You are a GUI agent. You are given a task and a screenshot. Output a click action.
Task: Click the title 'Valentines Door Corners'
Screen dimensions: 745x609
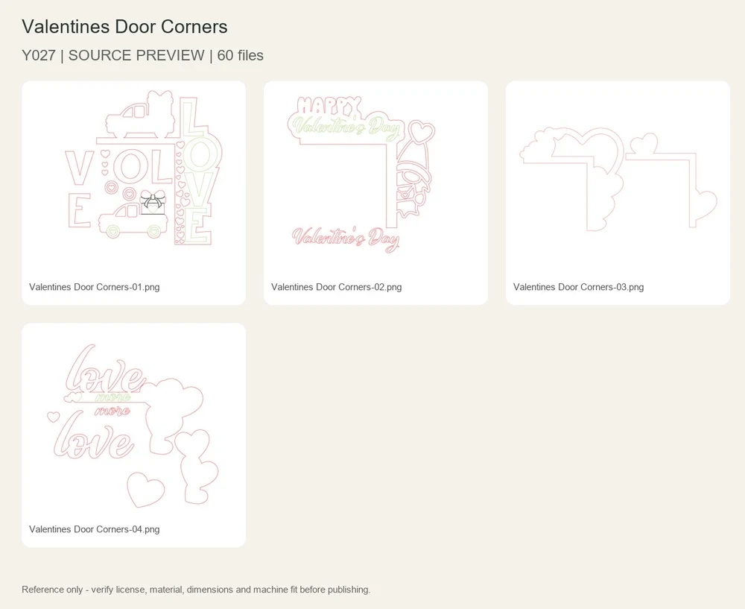pos(124,27)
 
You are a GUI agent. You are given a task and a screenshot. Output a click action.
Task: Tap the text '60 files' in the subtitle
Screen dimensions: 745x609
pos(241,56)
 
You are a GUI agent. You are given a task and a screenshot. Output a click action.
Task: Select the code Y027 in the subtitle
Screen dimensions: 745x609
pos(39,56)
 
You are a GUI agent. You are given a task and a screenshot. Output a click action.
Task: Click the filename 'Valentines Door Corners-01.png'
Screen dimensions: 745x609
pos(94,287)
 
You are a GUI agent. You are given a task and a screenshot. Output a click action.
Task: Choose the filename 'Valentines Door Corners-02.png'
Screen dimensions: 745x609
pos(337,287)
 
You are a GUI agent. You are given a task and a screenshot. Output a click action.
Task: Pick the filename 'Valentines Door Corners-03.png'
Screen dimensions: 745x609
pos(578,287)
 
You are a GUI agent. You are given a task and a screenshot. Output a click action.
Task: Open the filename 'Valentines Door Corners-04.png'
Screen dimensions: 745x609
pos(94,529)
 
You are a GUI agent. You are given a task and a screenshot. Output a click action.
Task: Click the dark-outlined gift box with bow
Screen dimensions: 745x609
pos(153,203)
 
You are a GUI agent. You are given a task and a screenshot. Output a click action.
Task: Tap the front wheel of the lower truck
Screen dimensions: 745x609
pos(112,232)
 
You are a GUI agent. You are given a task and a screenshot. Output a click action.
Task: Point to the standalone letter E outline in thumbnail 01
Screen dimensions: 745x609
pos(79,211)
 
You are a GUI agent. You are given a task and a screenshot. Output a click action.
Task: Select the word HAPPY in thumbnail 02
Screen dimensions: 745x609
pos(329,106)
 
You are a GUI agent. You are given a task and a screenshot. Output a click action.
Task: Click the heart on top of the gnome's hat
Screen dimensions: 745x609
pos(422,132)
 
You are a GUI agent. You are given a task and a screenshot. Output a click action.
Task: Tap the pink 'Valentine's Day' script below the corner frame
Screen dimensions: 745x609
pos(346,239)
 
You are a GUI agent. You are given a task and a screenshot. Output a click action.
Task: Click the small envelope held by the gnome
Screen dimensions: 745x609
pos(405,195)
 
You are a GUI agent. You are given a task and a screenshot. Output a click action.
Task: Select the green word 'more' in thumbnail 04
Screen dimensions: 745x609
pos(113,397)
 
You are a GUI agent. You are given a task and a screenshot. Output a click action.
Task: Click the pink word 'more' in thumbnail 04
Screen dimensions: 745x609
pos(113,410)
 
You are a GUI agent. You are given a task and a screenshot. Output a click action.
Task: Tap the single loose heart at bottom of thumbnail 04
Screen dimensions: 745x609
pos(145,490)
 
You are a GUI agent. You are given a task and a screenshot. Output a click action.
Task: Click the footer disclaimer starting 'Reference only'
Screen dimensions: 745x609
pos(196,590)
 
